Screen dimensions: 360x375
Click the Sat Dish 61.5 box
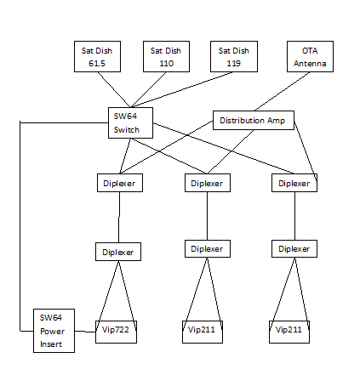point(97,56)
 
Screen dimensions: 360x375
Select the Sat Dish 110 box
point(166,56)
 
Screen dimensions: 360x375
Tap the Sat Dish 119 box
point(234,56)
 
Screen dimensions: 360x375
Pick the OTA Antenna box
point(310,56)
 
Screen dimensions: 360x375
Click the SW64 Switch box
point(130,122)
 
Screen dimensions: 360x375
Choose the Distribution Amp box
point(254,120)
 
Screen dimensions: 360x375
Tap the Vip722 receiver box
point(116,332)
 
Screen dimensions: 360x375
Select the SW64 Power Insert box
point(54,331)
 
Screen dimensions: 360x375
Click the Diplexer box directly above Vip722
point(118,252)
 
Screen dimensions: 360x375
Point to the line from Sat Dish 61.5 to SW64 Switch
point(114,89)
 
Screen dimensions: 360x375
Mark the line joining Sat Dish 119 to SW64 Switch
point(183,89)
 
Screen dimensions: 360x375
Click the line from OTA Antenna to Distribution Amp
point(283,91)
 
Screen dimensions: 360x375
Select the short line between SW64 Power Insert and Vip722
point(85,332)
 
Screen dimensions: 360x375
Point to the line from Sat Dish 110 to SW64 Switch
point(149,89)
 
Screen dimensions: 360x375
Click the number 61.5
point(97,63)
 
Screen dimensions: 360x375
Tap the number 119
point(234,63)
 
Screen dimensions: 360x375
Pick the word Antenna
point(310,63)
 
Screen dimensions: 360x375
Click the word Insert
point(51,344)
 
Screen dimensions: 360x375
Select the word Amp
point(276,121)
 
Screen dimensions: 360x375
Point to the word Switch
point(127,130)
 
